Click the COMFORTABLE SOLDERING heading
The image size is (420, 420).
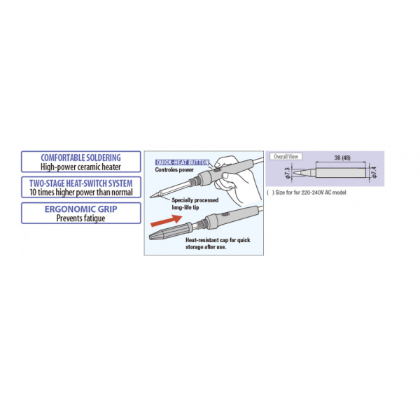[80, 157]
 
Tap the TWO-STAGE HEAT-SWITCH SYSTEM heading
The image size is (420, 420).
[80, 182]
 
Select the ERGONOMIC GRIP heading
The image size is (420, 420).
[80, 208]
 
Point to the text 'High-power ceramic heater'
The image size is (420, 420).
[80, 167]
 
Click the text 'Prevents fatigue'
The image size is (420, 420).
[80, 218]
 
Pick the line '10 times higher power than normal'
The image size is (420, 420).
[80, 192]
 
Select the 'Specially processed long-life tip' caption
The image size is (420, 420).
[195, 202]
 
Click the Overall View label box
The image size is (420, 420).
[286, 156]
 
